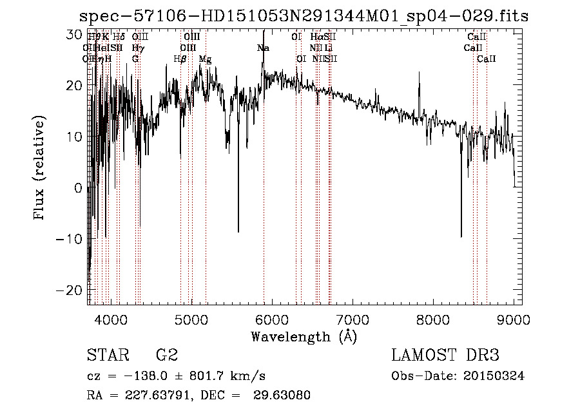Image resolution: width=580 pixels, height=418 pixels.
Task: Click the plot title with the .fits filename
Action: pyautogui.click(x=303, y=16)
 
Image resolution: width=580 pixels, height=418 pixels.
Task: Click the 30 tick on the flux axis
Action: pyautogui.click(x=75, y=33)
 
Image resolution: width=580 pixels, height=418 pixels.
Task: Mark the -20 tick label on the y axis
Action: pyautogui.click(x=70, y=290)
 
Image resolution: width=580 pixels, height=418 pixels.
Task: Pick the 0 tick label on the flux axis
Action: pyautogui.click(x=78, y=188)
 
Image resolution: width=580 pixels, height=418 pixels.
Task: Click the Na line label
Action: pyautogui.click(x=263, y=48)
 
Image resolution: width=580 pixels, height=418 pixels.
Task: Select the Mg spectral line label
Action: pyautogui.click(x=205, y=59)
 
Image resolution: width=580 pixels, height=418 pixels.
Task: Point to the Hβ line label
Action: pyautogui.click(x=180, y=59)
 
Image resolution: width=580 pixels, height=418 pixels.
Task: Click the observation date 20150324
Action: pyautogui.click(x=496, y=376)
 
